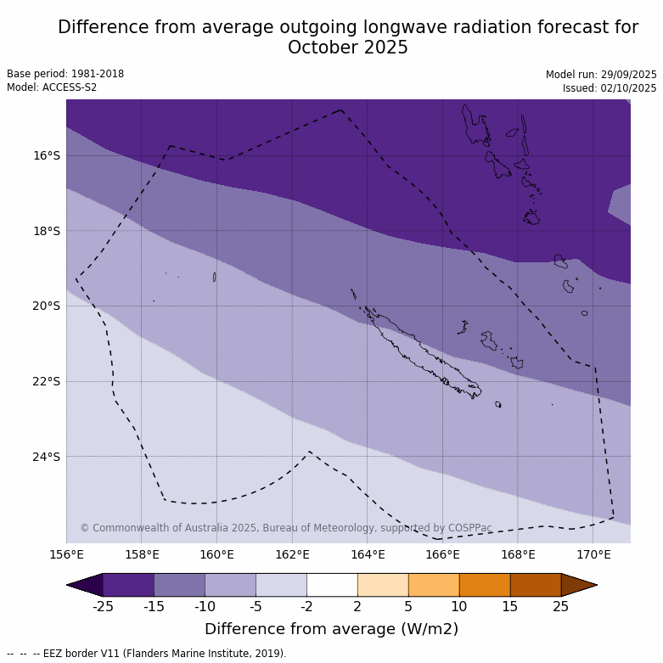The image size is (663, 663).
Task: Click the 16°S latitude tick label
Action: coord(47,155)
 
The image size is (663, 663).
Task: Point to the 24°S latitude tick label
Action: coord(47,457)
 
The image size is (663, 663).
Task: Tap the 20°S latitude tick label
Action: coord(47,306)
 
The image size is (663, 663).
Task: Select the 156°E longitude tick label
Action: coord(66,555)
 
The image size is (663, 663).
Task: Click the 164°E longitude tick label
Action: coord(368,555)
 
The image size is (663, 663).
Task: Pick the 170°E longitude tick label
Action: coord(593,555)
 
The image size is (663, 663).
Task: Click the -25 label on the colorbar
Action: coord(103,606)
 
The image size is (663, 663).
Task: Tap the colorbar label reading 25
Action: coord(561,606)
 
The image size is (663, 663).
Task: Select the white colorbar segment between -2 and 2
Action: coord(332,585)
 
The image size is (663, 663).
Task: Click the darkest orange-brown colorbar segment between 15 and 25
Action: coord(536,585)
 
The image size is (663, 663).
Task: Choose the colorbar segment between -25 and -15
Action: coord(128,585)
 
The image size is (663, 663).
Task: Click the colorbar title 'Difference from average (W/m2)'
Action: coord(331,629)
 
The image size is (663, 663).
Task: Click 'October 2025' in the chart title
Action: coord(348,48)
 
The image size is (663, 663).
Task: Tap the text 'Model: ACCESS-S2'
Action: coord(52,87)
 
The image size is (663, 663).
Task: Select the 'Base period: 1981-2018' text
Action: coord(65,74)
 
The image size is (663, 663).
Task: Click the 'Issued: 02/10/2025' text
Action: coord(610,88)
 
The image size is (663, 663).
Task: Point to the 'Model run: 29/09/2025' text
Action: coord(601,75)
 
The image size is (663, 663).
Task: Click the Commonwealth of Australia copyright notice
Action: coord(286,528)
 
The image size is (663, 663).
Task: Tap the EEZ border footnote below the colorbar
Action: coord(147,654)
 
